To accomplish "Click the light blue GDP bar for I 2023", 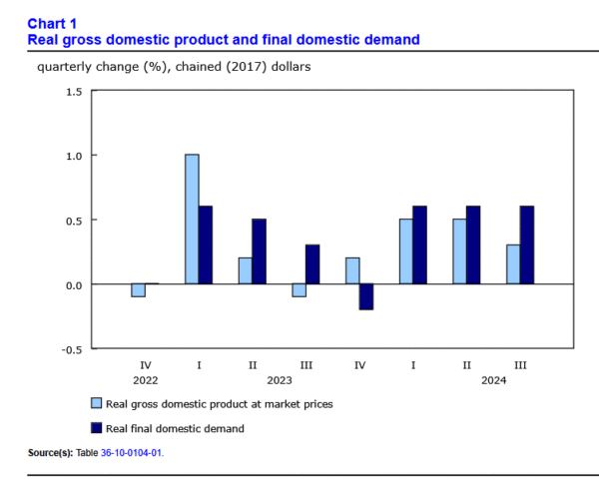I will (192, 220).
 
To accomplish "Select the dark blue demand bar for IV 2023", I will (365, 296).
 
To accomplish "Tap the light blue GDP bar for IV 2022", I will (138, 290).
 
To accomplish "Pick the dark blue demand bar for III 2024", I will (526, 245).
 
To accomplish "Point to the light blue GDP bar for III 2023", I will (299, 290).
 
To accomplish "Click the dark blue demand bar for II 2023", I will (259, 251).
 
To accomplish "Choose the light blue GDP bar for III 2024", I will (512, 264).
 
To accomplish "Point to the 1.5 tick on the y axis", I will (73, 91).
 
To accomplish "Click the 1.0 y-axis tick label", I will (73, 156).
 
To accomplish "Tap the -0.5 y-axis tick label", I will (71, 349).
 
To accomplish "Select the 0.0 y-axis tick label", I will (73, 284).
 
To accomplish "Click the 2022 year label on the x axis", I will (145, 379).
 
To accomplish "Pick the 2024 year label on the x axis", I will (493, 379).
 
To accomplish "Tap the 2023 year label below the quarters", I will (279, 379).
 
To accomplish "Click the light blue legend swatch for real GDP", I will (97, 403).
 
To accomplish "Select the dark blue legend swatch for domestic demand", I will (97, 427).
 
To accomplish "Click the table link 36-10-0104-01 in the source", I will (131, 453).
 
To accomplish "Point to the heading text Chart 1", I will (52, 23).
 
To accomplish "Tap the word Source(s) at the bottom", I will (50, 453).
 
